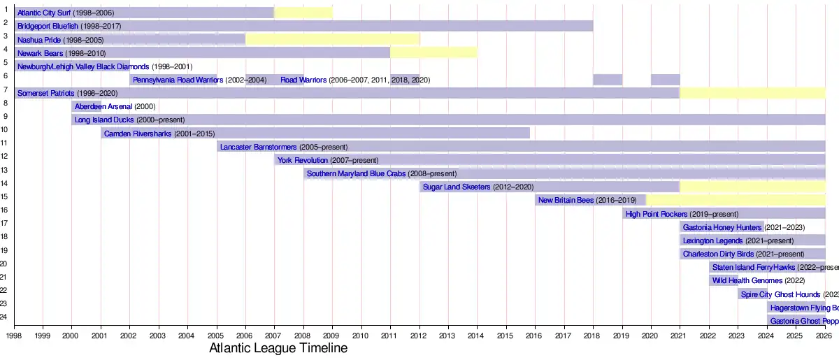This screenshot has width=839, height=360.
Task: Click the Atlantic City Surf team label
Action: (x=44, y=13)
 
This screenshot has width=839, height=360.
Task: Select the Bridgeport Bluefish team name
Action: (x=48, y=27)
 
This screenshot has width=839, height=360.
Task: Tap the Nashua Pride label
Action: (x=39, y=40)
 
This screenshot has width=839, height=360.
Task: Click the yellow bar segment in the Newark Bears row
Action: (x=433, y=52)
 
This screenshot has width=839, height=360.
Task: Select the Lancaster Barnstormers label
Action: (x=258, y=147)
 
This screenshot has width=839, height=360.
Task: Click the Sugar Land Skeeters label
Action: (x=457, y=187)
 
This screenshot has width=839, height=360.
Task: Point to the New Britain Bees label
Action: (x=566, y=200)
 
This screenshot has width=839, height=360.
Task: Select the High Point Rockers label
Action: (x=657, y=214)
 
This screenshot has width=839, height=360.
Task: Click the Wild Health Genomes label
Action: (x=747, y=280)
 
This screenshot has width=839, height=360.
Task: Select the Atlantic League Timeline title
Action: (x=278, y=348)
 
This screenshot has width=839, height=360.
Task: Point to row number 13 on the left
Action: (x=4, y=170)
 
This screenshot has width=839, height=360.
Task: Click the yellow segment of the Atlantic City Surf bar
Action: (x=303, y=13)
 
